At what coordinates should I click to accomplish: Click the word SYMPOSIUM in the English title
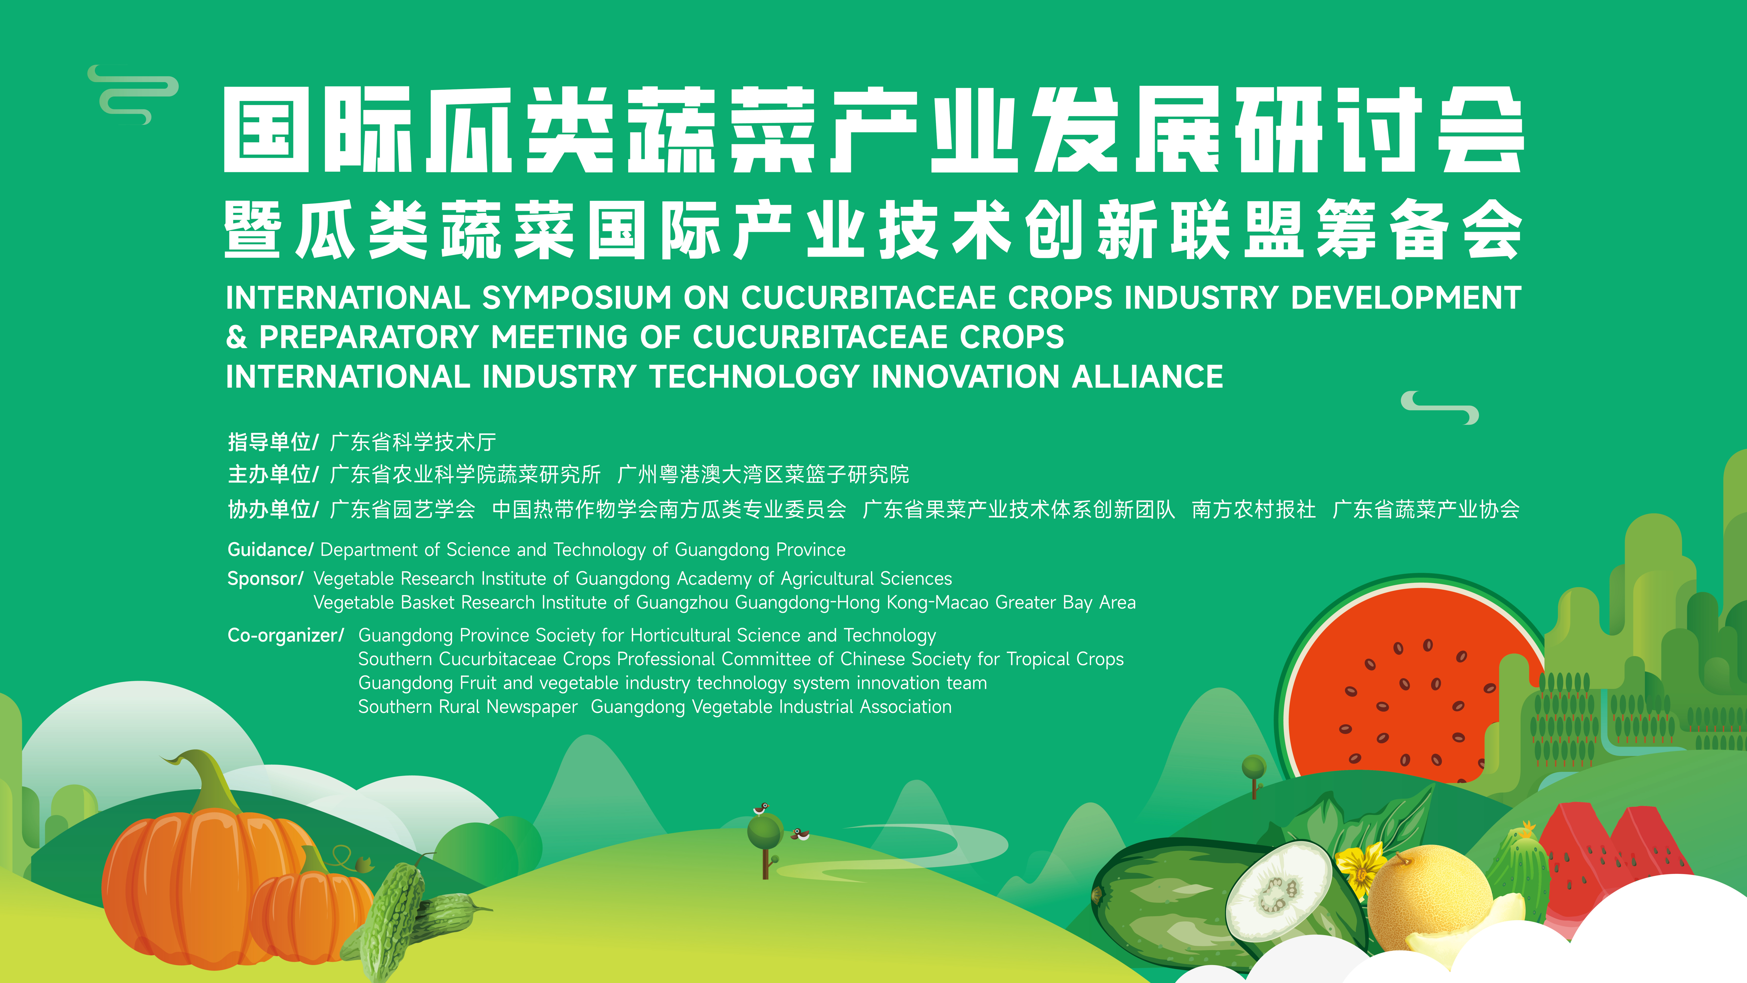point(576,298)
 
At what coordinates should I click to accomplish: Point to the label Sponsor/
point(265,579)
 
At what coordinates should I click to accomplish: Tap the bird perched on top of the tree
point(761,809)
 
